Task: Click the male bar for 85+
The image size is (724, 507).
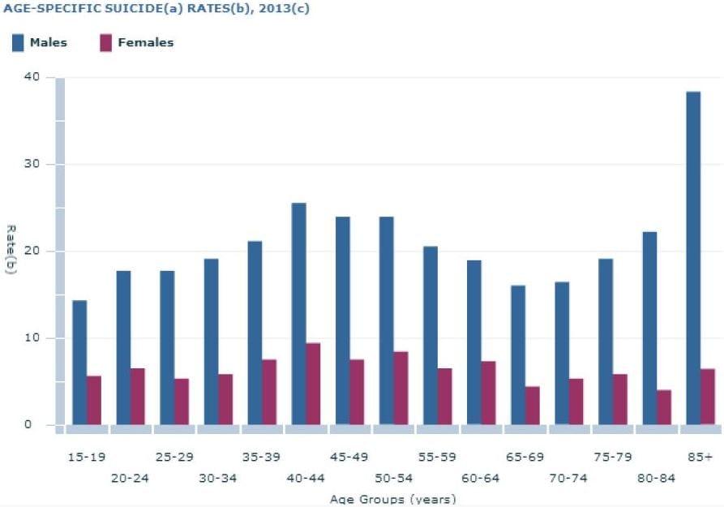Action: [x=693, y=258]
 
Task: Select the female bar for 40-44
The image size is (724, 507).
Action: [x=313, y=384]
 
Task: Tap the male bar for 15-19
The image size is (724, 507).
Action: [x=79, y=363]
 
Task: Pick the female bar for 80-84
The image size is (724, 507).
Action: [x=663, y=407]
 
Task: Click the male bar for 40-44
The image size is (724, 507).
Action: [x=298, y=314]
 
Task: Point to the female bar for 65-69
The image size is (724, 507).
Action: [x=532, y=406]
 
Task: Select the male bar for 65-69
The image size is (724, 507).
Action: [x=517, y=355]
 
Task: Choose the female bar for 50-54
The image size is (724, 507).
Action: [x=401, y=388]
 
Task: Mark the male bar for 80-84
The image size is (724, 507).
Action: [x=649, y=328]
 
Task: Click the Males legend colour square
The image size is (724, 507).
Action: [x=18, y=43]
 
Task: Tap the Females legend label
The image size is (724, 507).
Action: [x=145, y=43]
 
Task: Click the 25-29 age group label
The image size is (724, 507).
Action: [x=174, y=458]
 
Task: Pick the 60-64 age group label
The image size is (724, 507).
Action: [x=480, y=478]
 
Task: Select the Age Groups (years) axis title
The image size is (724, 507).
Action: [x=392, y=499]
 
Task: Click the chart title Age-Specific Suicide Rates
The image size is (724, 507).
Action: [x=154, y=10]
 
